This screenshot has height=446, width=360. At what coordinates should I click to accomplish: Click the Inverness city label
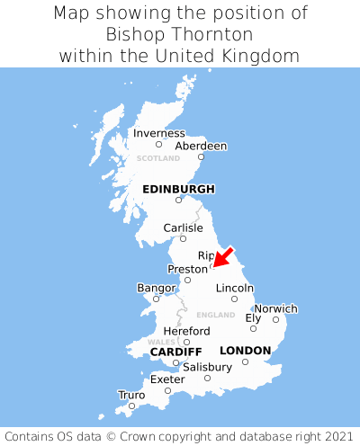[x=158, y=133]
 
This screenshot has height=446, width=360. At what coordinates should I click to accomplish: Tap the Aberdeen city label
[x=201, y=146]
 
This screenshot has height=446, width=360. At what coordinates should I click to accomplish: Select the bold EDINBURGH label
[x=178, y=189]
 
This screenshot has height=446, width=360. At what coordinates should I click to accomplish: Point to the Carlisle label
[x=183, y=227]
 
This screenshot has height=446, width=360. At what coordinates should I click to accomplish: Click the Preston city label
[x=187, y=269]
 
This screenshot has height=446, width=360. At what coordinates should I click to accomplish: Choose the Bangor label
[x=156, y=288]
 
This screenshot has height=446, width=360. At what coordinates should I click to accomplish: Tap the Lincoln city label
[x=234, y=288]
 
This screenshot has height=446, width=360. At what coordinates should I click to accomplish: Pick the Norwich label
[x=275, y=308]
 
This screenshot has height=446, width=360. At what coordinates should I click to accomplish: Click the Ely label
[x=253, y=317]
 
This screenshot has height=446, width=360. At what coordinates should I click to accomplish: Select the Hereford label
[x=186, y=331]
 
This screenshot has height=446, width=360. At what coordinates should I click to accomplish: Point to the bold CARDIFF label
[x=175, y=351]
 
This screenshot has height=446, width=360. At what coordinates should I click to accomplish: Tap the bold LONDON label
[x=245, y=351]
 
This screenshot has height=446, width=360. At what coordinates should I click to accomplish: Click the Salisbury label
[x=207, y=367]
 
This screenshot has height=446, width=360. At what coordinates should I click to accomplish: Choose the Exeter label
[x=167, y=379]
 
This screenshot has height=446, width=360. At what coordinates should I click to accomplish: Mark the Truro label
[x=131, y=395]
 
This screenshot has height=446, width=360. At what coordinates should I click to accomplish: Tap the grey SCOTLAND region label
[x=158, y=158]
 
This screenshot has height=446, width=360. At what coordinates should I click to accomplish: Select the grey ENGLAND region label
[x=215, y=315]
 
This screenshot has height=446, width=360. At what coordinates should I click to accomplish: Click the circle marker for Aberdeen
[x=201, y=157]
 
